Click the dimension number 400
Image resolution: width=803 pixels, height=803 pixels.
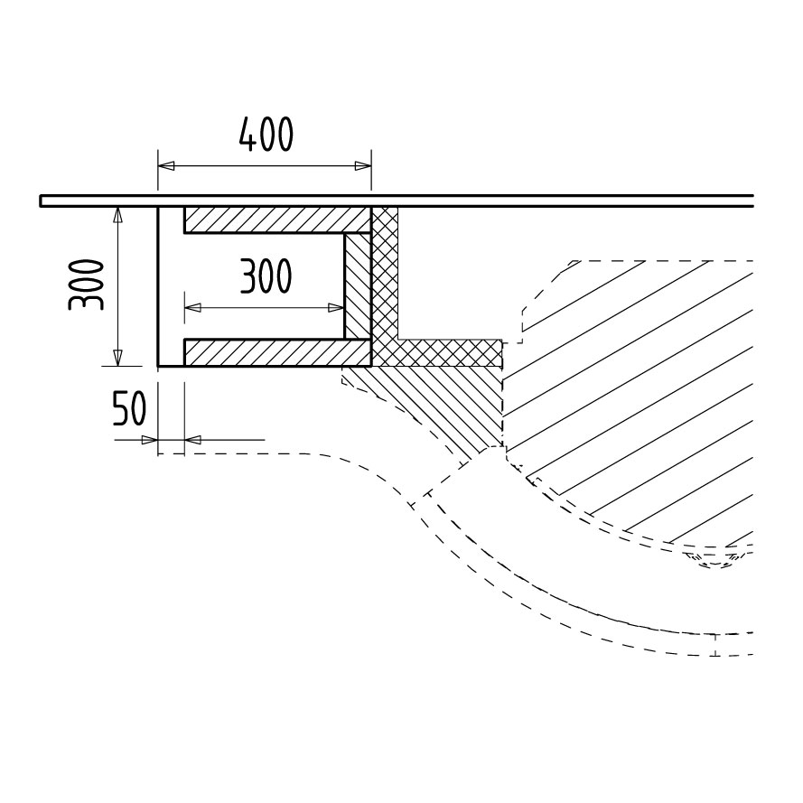pos(266,135)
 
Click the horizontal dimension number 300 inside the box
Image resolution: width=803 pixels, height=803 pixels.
pos(266,276)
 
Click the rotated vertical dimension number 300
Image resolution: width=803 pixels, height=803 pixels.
pos(86,285)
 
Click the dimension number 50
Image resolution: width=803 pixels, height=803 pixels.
pos(129,408)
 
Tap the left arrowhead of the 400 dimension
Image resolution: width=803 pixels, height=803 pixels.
pos(166,166)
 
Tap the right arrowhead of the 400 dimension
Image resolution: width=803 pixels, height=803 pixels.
pos(362,166)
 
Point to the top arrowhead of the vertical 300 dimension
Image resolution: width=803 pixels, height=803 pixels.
pos(118,215)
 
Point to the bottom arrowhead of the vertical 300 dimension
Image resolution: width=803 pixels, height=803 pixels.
pos(118,358)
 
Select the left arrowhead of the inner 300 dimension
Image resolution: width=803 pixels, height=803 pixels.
pos(192,308)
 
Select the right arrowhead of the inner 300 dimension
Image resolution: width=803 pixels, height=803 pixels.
pos(336,308)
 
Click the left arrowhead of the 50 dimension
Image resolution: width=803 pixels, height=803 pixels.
pos(150,439)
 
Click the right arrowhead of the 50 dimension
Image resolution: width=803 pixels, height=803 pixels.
pos(192,439)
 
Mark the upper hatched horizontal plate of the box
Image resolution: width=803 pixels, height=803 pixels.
pos(277,219)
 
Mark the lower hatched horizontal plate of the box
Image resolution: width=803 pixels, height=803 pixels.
pos(277,353)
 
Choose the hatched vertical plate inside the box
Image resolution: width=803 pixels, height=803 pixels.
pos(358,286)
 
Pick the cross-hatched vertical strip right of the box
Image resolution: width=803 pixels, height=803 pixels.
pos(385,286)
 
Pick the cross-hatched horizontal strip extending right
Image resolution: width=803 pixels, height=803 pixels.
pos(450,353)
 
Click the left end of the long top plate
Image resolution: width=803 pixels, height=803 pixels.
pos(41,201)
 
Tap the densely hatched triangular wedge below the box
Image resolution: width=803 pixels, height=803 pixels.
pos(435,405)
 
